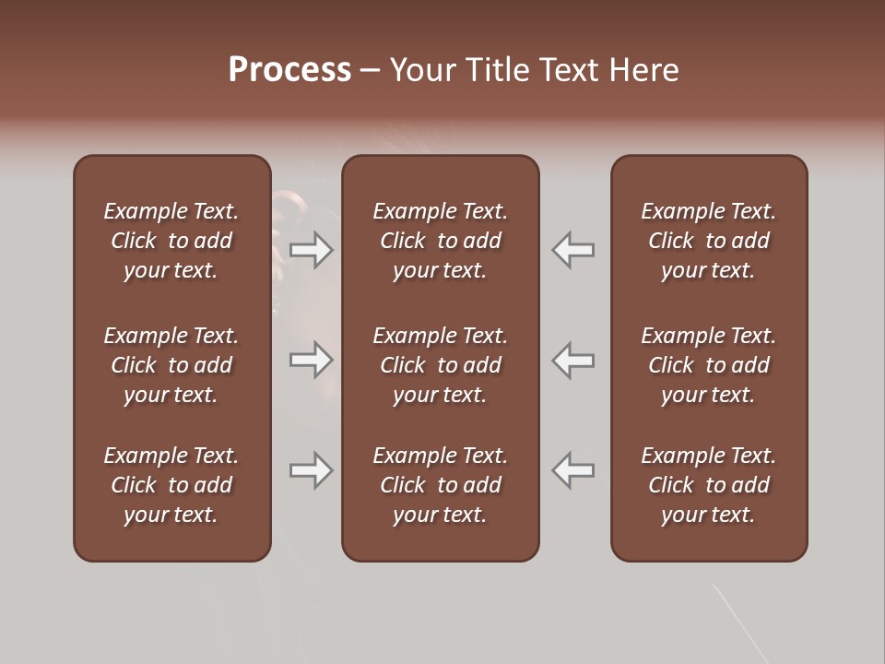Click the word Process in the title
(289, 70)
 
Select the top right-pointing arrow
(312, 250)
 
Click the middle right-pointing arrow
(312, 360)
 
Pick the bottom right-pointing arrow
(312, 470)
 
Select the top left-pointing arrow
(573, 250)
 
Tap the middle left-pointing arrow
(573, 360)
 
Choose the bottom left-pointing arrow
(573, 470)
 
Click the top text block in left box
(171, 241)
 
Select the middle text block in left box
(171, 365)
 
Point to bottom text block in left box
(171, 485)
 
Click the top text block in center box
(440, 241)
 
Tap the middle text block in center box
(440, 365)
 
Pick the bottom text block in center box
(440, 485)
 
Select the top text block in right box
(708, 241)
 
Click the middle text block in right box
(708, 365)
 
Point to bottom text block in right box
(708, 485)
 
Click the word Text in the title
(571, 70)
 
